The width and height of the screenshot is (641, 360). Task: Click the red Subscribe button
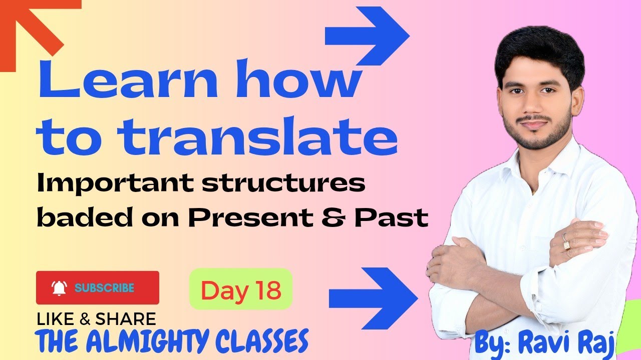tap(98, 287)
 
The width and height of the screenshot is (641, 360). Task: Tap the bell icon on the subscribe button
tap(59, 288)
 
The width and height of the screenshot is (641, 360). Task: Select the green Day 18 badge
tap(241, 289)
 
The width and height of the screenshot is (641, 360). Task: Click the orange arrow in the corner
tap(35, 25)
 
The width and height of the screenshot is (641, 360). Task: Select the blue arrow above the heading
tap(368, 36)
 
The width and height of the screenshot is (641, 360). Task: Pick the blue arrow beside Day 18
tap(373, 297)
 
